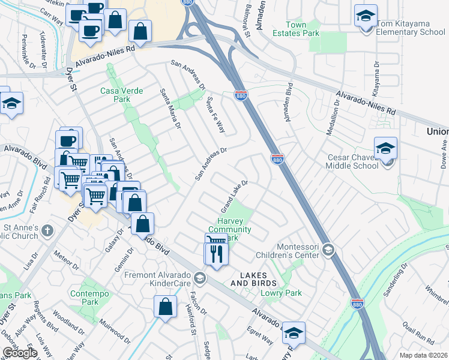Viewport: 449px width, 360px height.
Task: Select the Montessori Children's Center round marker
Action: coord(328,249)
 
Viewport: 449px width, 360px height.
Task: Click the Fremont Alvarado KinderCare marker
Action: coord(200,278)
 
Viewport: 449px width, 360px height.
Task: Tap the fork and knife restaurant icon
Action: coord(217,253)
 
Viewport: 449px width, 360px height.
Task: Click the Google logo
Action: coord(20,352)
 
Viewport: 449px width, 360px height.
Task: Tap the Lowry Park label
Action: coord(281,293)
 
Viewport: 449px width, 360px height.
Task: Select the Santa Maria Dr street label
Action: coord(170,109)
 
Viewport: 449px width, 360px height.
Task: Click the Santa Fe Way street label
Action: coord(215,114)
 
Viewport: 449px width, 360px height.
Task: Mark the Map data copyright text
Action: coord(423,355)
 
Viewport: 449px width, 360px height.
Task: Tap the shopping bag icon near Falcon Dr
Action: coord(165,307)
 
